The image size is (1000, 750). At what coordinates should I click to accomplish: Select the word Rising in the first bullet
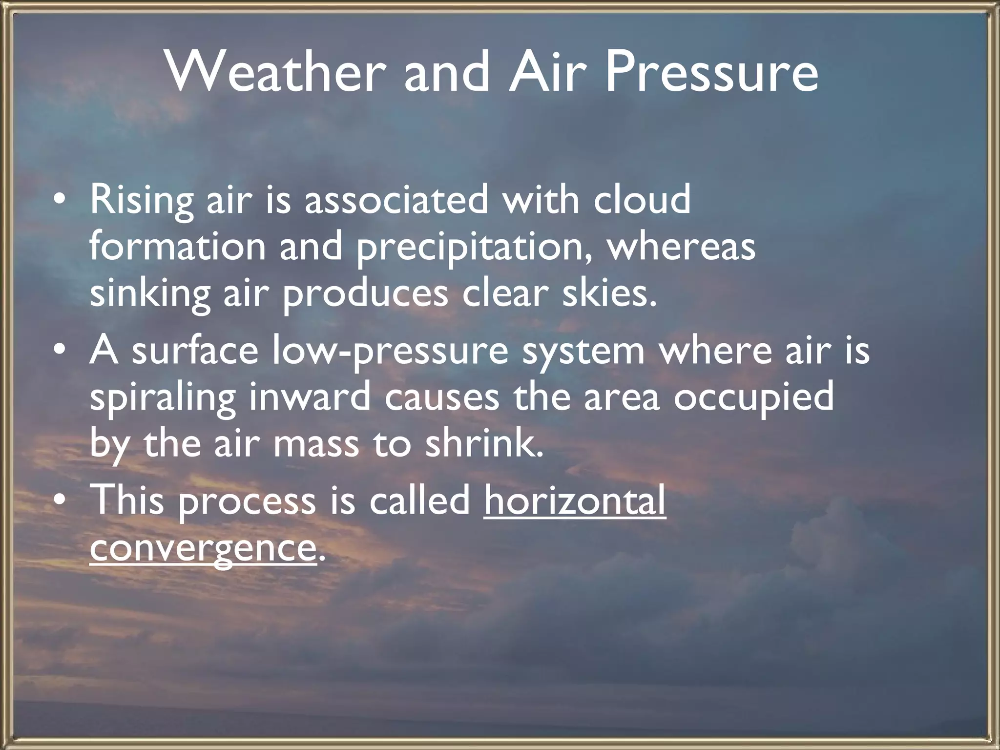[x=142, y=200]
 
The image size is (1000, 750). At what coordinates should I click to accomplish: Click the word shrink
[x=483, y=444]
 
